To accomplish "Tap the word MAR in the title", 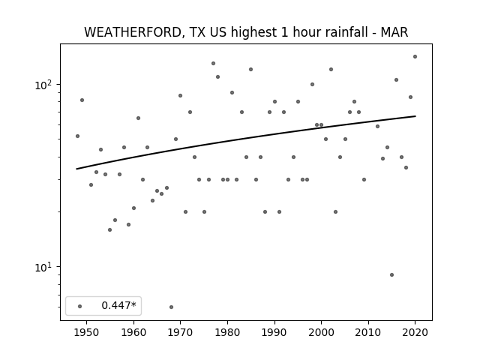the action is point(394,32).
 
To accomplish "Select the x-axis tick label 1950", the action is point(87,332).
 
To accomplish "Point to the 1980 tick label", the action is point(227,332).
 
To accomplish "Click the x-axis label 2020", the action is point(415,332).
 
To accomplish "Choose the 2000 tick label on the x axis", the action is point(322,332).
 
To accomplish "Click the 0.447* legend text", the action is point(118,305).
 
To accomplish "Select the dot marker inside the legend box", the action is point(80,306).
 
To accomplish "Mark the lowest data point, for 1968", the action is point(171,307).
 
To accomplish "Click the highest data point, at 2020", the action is point(415,57).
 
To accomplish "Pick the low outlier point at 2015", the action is point(391,275).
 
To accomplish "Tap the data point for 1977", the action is point(213,63).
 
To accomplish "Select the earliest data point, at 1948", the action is point(77,136).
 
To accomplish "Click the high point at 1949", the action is point(82,100).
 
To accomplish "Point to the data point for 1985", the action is point(250,70).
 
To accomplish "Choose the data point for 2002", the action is point(331,70).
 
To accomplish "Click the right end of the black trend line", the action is point(415,116).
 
